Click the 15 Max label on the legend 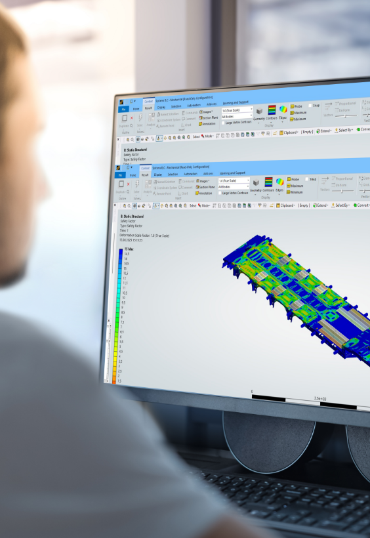coord(126,251)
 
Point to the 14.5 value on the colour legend coord(125,255)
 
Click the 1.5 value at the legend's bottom coord(120,381)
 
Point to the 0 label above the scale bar coord(252,392)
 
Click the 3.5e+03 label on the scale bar coord(321,398)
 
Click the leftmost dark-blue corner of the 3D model coord(226,263)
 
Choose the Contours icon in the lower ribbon coord(268,186)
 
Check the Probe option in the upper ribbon coord(297,105)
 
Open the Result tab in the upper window coord(148,108)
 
